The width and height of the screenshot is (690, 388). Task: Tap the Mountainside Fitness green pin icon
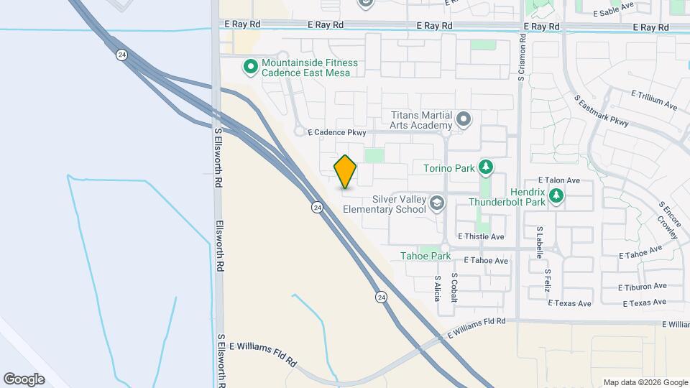pos(250,68)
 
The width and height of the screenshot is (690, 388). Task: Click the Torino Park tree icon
pos(486,168)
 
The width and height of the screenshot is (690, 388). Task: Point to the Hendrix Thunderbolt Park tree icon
pos(556,195)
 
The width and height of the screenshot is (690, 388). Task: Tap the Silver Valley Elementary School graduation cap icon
pos(436,204)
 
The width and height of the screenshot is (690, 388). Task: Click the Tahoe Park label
pos(425,256)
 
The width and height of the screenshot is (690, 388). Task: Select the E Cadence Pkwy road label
pos(337,133)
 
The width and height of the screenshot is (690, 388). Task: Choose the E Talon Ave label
pos(559,180)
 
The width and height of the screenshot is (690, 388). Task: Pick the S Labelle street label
pos(539,242)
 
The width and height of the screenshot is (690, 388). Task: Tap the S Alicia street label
pos(437,287)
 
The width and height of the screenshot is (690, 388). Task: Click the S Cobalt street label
pos(454,287)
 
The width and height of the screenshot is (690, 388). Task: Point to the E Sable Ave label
pos(615,11)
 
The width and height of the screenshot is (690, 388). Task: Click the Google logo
pos(24,379)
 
